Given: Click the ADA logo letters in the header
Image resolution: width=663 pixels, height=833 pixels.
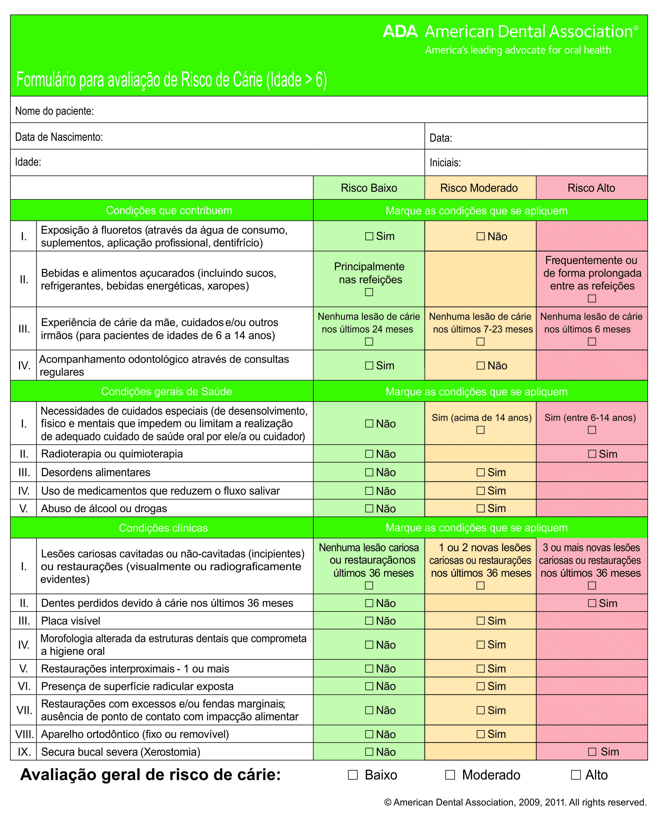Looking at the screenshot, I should point(400,32).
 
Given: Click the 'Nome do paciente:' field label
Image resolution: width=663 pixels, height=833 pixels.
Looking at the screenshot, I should point(54,111).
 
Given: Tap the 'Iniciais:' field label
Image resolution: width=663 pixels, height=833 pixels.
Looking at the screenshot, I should point(445,163).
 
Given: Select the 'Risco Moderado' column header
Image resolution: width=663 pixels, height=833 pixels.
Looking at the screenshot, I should point(479,188).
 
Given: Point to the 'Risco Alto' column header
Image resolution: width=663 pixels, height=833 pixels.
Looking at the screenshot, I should point(591,188).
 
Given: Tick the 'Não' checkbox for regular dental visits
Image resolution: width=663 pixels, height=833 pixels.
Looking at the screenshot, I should point(480,365).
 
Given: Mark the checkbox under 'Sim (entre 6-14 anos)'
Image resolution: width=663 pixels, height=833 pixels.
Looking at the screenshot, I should point(592,430).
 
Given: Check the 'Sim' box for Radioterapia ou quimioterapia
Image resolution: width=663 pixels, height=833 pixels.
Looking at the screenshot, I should point(592,454).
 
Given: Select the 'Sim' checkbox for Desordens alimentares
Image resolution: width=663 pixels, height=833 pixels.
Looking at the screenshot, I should point(480,472).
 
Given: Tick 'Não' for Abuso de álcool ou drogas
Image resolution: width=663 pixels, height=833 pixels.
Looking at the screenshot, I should point(369,508).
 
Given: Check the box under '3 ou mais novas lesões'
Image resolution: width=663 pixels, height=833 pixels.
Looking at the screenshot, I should point(592,586).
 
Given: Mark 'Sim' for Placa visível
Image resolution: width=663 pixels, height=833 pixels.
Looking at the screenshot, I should point(480,621).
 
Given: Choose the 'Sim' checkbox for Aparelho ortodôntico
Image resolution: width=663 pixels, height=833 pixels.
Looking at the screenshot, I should point(480,734).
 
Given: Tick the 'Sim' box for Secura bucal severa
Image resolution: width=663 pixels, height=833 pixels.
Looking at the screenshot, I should point(592,752).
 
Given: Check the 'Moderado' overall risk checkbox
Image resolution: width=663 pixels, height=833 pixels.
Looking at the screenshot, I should point(450,775).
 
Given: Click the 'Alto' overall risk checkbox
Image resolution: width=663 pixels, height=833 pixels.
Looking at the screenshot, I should point(576,775).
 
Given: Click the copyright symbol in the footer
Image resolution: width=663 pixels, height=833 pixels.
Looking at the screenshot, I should point(388,802).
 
